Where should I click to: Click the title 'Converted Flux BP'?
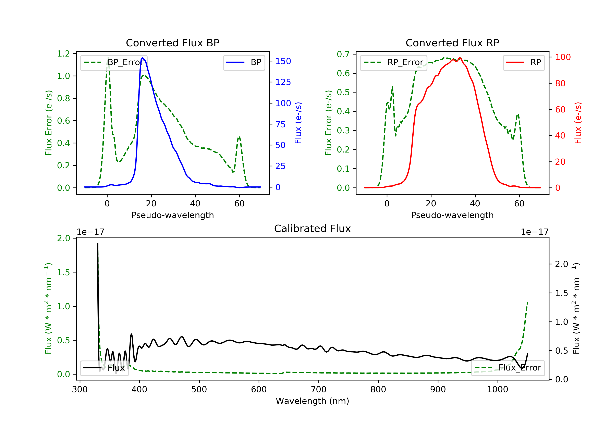tap(172, 43)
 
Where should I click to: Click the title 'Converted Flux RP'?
tap(452, 43)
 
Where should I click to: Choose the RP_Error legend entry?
tap(393, 62)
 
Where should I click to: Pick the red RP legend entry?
tap(524, 62)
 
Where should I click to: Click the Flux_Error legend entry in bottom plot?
tap(508, 368)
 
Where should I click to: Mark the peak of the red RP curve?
tap(460, 58)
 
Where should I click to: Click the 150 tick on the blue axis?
tap(283, 61)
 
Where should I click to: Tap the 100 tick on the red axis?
tap(563, 57)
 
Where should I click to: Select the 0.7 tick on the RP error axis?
tap(343, 54)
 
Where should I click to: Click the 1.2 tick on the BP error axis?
tap(63, 54)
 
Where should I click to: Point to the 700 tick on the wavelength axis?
tap(319, 390)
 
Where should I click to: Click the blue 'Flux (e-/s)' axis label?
tap(298, 123)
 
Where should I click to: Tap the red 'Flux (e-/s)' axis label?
tap(578, 123)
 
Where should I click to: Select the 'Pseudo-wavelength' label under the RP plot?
tap(452, 215)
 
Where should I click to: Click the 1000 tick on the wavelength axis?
tap(497, 390)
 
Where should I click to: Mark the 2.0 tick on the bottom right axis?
tap(561, 264)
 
